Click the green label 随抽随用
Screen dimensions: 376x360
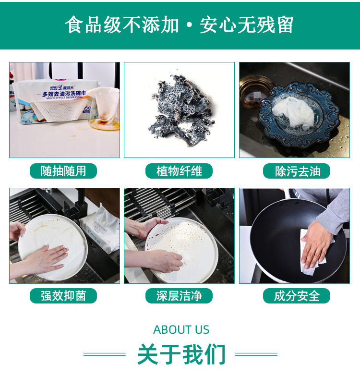click(x=63, y=171)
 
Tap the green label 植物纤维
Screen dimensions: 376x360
click(x=179, y=171)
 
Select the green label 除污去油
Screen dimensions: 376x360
click(x=297, y=171)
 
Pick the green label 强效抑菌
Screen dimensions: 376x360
click(x=63, y=296)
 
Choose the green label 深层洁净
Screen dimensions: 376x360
click(x=179, y=296)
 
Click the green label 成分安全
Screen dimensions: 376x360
click(x=297, y=296)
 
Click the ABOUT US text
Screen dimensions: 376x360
click(x=181, y=330)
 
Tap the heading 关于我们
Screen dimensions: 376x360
click(x=181, y=354)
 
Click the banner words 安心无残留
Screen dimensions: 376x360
click(x=246, y=25)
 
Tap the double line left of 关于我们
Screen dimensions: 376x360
click(x=104, y=354)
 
